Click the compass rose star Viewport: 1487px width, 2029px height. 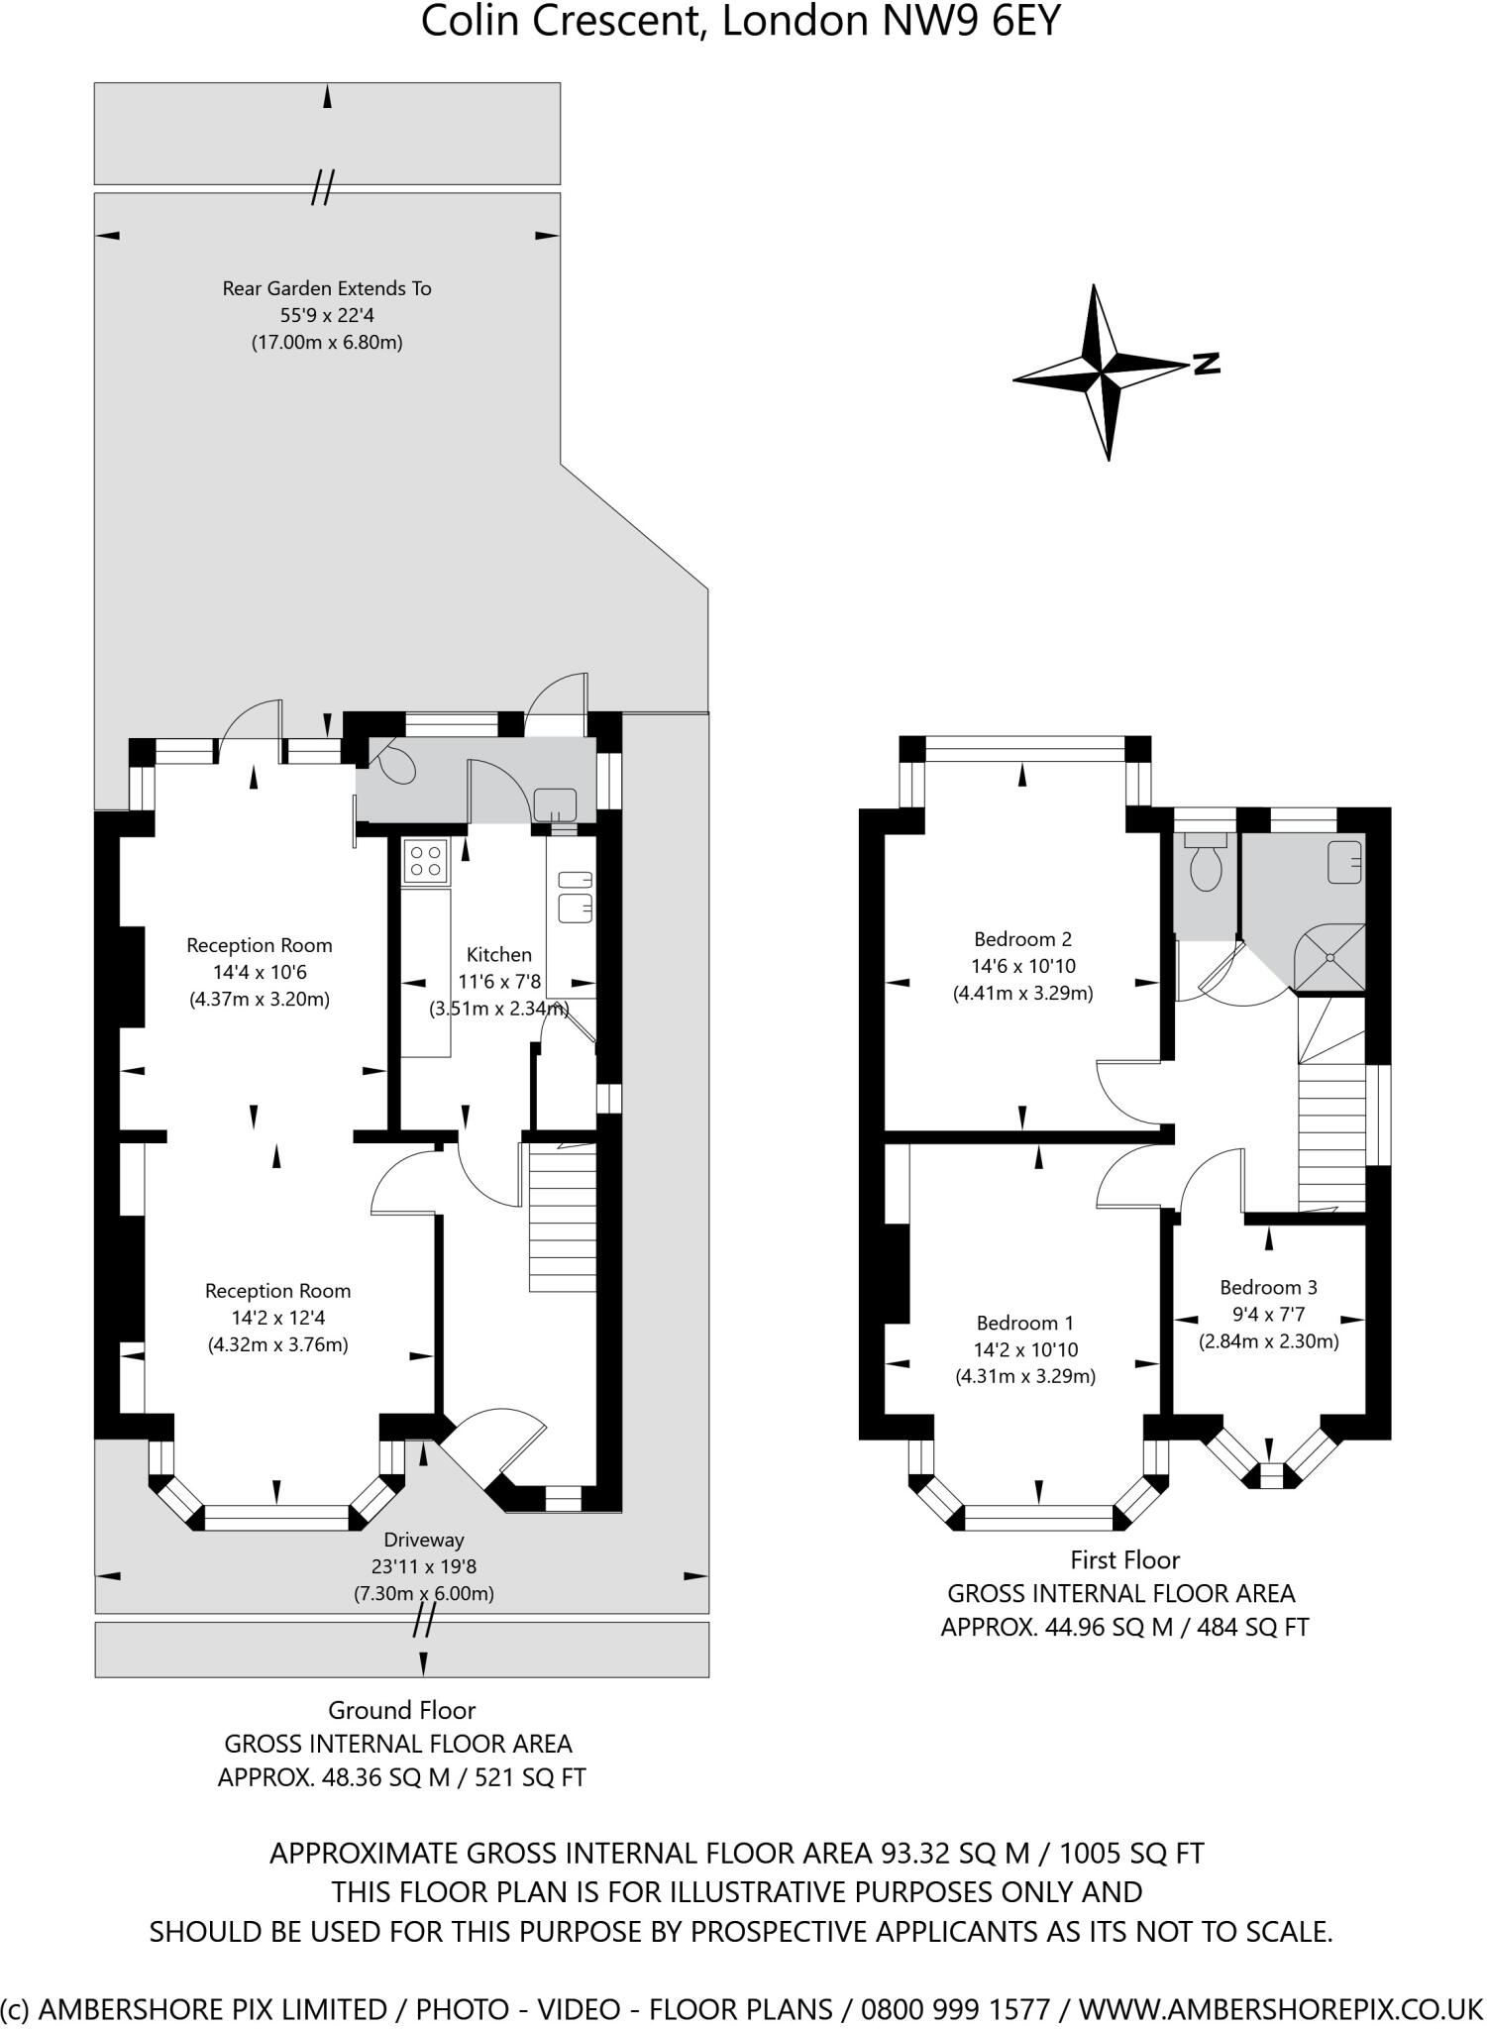[1103, 373]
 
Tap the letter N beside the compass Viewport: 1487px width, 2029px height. [1206, 364]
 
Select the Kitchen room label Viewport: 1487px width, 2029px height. [499, 954]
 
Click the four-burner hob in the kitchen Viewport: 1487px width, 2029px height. [426, 860]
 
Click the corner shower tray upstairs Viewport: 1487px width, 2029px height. [1330, 958]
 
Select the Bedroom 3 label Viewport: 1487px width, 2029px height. [1268, 1287]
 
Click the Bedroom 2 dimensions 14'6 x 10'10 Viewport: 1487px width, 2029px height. [1022, 966]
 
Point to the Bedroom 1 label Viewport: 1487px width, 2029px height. [1024, 1323]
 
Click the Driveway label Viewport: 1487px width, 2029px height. [424, 1540]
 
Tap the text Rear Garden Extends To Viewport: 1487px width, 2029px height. [327, 288]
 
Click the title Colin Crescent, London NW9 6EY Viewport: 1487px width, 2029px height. [741, 21]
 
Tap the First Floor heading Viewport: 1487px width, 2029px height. [1124, 1559]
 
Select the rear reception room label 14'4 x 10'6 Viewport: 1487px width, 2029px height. [260, 972]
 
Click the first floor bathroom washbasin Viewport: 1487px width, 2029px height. [1344, 861]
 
